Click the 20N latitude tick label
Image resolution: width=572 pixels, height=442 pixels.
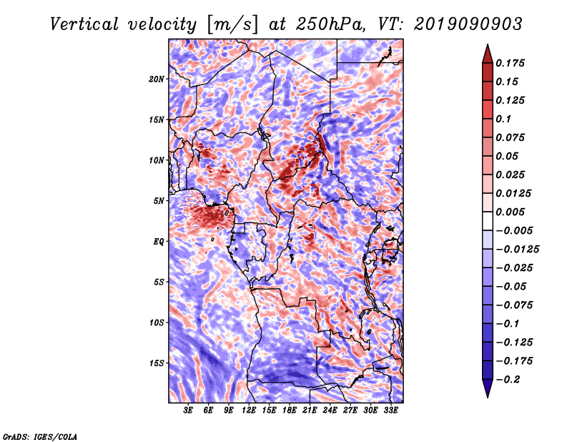point(157,79)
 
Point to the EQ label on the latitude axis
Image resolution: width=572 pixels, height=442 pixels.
point(159,242)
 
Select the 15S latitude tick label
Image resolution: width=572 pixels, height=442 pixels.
point(157,363)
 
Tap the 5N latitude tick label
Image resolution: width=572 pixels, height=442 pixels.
point(159,201)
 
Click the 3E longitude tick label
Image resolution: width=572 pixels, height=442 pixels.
point(188,411)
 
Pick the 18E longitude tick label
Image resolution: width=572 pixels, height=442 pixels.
point(290,411)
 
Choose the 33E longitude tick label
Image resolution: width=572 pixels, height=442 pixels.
point(390,411)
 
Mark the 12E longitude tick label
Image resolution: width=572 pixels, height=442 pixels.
point(249,411)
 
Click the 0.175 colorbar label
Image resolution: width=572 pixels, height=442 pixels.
point(510,63)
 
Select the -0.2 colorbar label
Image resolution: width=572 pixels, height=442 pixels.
point(508,380)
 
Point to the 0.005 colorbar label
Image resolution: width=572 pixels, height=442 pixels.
point(510,212)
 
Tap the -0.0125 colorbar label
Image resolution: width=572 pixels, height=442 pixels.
point(517,250)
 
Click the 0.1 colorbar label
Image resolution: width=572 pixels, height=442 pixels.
point(503,119)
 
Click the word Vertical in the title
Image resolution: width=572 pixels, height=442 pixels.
point(84,24)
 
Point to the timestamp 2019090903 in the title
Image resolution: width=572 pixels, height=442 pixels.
point(468,24)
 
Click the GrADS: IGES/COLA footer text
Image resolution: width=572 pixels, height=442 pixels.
point(40,436)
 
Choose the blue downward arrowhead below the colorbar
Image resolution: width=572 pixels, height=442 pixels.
point(488,388)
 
